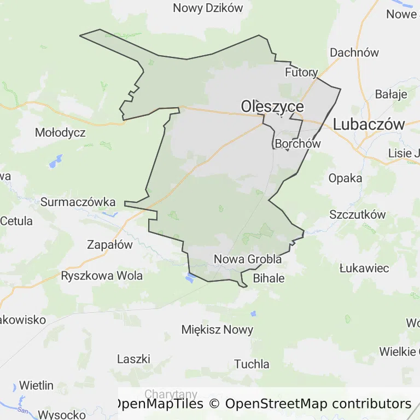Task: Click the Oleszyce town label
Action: tap(272, 106)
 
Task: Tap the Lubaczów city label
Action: tap(369, 124)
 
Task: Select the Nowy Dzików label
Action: tap(208, 8)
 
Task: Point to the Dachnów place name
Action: tap(354, 53)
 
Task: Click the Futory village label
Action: tap(301, 72)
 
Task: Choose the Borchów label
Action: tap(298, 144)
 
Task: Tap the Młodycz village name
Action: tap(60, 132)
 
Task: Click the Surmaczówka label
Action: tap(78, 202)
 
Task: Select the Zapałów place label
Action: tap(110, 244)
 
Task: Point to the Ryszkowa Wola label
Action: tap(102, 276)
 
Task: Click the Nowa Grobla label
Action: tap(248, 259)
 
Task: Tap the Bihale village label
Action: tap(269, 278)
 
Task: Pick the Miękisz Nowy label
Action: tap(218, 330)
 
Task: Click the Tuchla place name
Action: tap(252, 364)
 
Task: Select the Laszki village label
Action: tap(133, 359)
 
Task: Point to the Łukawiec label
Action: tap(364, 268)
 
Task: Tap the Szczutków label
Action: tap(358, 215)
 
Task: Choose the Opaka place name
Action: tap(345, 178)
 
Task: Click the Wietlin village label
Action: tap(37, 386)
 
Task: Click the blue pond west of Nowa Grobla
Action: tap(190, 278)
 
